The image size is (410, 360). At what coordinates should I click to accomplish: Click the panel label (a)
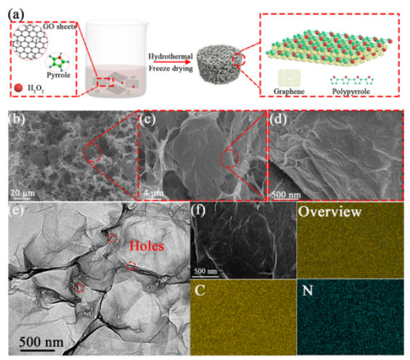(17, 14)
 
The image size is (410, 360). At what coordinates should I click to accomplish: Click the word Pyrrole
(58, 75)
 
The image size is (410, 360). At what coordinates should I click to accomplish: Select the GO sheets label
(60, 26)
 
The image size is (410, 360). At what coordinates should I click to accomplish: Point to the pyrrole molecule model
(58, 63)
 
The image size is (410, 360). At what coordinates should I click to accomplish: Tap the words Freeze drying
(170, 68)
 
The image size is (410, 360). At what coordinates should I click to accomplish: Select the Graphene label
(289, 91)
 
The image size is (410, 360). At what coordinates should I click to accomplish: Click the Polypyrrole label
(351, 91)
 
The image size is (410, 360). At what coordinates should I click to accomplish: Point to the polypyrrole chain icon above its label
(352, 81)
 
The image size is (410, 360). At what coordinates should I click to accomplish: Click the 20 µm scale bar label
(22, 193)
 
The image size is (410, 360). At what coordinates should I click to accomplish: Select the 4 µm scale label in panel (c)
(153, 193)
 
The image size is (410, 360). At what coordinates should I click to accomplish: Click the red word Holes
(147, 246)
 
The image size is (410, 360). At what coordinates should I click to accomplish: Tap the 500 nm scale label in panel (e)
(41, 342)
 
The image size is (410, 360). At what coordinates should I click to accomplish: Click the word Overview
(330, 212)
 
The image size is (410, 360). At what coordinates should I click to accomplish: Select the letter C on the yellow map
(200, 290)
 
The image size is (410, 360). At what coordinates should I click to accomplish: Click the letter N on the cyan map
(307, 290)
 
